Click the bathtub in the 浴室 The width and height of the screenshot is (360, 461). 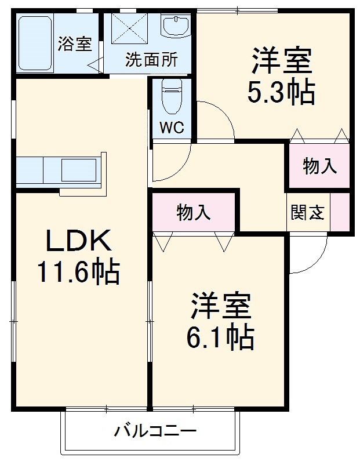(35, 43)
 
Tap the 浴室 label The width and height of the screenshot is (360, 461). (75, 44)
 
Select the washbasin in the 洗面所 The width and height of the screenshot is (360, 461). (176, 27)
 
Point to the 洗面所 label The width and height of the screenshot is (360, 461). (152, 59)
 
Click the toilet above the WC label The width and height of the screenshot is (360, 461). (172, 96)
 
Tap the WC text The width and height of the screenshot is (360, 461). (172, 128)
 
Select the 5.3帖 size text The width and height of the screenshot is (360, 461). (281, 92)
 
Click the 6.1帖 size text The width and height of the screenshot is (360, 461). (220, 337)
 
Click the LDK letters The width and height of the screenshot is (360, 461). (79, 241)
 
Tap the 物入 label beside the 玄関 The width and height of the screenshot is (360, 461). (320, 166)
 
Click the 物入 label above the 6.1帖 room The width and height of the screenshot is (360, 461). (194, 212)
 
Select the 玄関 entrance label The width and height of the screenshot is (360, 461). (308, 212)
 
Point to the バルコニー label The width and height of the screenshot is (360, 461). (155, 431)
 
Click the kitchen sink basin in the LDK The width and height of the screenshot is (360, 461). (79, 170)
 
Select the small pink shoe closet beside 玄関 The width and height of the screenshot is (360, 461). (340, 212)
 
